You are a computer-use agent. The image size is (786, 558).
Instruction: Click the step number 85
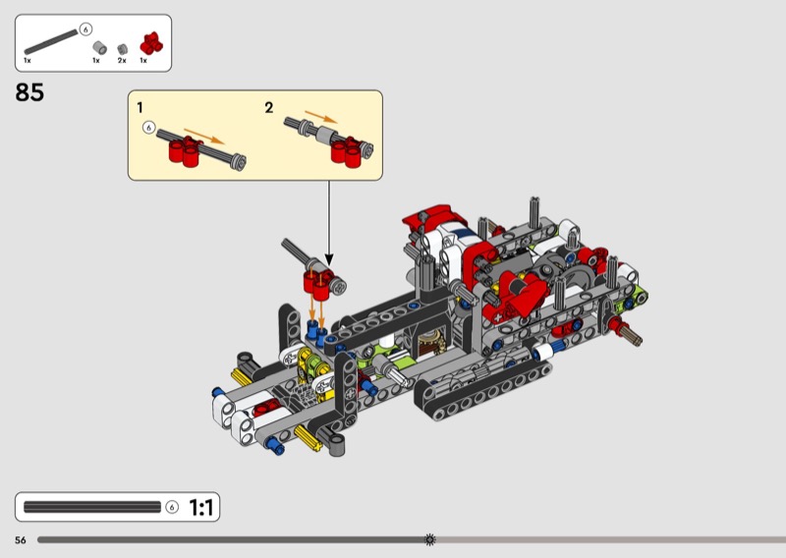pyautogui.click(x=29, y=92)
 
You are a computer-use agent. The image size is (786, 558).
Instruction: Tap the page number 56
pyautogui.click(x=21, y=540)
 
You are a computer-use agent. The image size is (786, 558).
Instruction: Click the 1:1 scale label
pyautogui.click(x=201, y=507)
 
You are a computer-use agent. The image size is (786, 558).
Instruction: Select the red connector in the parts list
pyautogui.click(x=151, y=43)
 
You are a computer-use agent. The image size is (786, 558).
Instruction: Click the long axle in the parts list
pyautogui.click(x=51, y=41)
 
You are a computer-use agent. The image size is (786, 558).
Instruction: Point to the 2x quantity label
pyautogui.click(x=122, y=60)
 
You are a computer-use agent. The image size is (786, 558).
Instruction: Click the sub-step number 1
pyautogui.click(x=140, y=107)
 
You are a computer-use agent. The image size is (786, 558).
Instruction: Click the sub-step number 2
pyautogui.click(x=269, y=107)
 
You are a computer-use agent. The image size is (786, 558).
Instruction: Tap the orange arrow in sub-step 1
pyautogui.click(x=204, y=136)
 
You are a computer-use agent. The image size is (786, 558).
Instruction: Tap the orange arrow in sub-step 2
pyautogui.click(x=321, y=116)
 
